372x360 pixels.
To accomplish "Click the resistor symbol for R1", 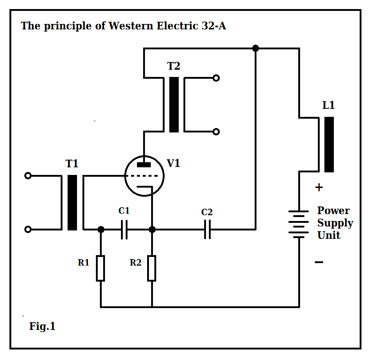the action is [x=101, y=268].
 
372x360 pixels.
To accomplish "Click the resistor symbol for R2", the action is [x=152, y=268].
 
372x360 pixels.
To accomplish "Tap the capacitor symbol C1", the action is [x=124, y=229].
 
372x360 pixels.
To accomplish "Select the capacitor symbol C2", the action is [x=207, y=229].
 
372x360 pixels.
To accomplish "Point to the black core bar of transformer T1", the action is [x=72, y=202].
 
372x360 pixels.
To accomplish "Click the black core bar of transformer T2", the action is [x=174, y=105].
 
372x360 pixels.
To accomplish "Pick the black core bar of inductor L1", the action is [x=329, y=144].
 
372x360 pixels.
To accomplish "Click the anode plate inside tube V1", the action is [x=144, y=165].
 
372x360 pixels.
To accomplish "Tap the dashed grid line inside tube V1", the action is [x=141, y=176].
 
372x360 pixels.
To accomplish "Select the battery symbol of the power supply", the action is [x=299, y=224].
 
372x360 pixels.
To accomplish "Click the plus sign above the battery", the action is [x=319, y=188].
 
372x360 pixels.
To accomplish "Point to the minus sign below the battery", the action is [x=319, y=262].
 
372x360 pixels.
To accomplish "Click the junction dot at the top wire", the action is [x=255, y=48].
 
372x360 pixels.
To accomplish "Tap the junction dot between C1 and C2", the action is [x=152, y=229].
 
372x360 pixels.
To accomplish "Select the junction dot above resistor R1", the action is [x=101, y=229].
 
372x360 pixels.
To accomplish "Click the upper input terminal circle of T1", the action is [x=28, y=176].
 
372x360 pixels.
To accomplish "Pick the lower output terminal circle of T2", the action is [x=216, y=132].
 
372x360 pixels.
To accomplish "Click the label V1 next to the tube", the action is [x=173, y=163].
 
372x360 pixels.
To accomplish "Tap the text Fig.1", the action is [x=42, y=326].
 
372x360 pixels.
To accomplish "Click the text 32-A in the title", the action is [x=214, y=26].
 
